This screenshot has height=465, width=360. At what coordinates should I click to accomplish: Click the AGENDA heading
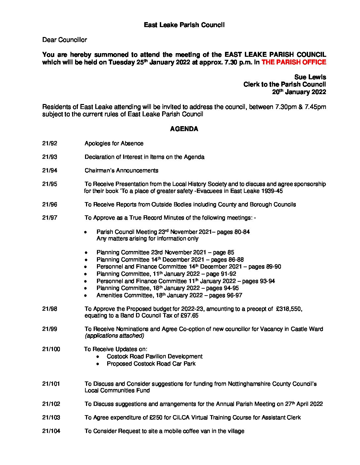(184, 129)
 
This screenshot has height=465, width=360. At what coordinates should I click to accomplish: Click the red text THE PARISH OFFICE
(293, 62)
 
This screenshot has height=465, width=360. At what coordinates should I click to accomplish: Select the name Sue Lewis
(310, 77)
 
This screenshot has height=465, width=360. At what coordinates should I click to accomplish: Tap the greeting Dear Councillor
(65, 40)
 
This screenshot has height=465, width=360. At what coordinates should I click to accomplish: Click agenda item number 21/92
(50, 144)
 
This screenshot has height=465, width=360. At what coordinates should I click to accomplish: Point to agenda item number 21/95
(50, 184)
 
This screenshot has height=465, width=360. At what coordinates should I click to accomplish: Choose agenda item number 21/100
(51, 349)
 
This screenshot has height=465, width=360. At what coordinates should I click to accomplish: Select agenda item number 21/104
(51, 431)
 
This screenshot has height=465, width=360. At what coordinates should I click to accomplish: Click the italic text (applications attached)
(114, 336)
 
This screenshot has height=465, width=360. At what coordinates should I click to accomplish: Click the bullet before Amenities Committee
(86, 296)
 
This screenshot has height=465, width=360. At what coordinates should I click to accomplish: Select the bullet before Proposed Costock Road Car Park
(98, 364)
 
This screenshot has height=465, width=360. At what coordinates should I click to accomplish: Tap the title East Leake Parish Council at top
(184, 25)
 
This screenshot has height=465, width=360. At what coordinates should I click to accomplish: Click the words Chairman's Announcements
(121, 171)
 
